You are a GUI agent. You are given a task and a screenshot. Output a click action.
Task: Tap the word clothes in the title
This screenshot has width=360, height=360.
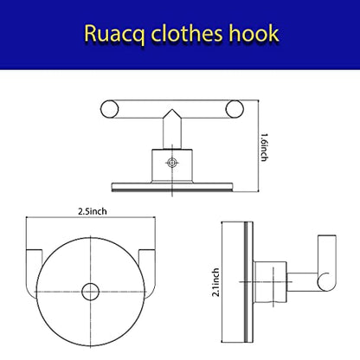187,34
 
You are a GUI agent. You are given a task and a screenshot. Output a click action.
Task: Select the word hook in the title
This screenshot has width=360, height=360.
254,34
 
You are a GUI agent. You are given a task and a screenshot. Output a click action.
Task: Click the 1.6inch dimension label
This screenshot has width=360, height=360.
265,147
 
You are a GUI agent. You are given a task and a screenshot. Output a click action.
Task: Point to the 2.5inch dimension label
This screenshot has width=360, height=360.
93,211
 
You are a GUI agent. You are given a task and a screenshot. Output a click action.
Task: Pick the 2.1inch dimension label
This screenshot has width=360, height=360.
215,282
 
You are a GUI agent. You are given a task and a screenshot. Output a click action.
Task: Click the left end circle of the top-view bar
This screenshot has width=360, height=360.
109,109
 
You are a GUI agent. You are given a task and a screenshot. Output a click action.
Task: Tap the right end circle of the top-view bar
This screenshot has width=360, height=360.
235,109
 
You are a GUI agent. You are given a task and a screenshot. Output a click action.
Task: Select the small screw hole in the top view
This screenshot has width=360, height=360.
172,163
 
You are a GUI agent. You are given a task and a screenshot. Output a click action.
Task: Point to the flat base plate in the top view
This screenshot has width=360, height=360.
172,187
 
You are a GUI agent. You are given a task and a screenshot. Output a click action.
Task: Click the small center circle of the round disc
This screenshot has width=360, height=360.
91,292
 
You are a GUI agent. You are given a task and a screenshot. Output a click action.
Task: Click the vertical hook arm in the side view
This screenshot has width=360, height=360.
327,254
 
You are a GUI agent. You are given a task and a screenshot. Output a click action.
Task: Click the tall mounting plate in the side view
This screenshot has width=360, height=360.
237,282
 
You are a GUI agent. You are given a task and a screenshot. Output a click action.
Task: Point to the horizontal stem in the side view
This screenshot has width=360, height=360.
302,282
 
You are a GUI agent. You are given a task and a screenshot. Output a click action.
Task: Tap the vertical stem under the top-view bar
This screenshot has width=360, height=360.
172,132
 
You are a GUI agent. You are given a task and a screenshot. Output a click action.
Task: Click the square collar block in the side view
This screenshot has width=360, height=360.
270,282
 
